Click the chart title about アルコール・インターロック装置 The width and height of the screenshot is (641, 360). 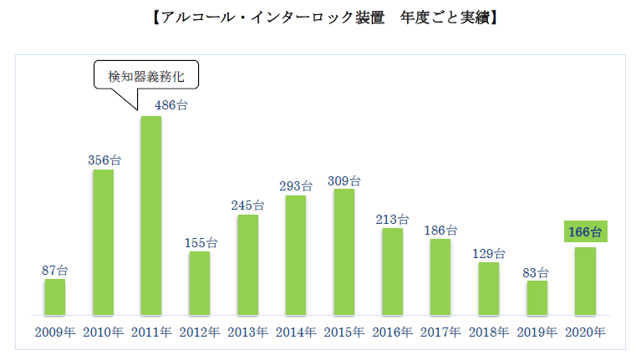coord(320,18)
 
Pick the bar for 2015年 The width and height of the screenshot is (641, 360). coord(343,252)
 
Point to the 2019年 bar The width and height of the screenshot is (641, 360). coord(537,298)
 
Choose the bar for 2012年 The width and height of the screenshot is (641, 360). coord(199,283)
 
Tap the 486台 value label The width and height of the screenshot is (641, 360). coord(151,105)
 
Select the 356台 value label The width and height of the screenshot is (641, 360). coord(104,159)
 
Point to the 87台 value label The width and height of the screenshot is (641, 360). coord(54,269)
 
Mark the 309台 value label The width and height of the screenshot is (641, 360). coord(343,180)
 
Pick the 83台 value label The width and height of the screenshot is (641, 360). coord(537,271)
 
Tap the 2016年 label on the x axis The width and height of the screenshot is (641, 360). coord(392,332)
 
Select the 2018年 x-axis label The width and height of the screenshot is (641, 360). coord(489,332)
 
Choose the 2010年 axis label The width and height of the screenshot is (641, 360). coord(103,332)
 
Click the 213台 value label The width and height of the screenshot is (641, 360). coord(392,219)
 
